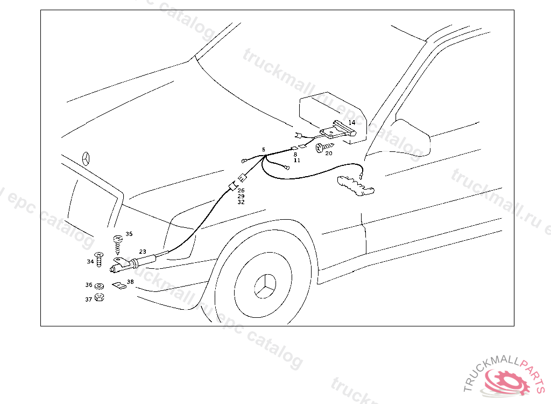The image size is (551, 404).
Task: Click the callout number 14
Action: tap(351, 123)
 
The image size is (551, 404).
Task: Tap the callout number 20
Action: tap(328, 153)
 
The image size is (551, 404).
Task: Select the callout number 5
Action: tap(264, 149)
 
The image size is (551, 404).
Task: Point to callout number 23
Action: tap(142, 251)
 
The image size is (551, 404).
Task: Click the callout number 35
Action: tap(129, 234)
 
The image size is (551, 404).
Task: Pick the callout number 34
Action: tap(90, 262)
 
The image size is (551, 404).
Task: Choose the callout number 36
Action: tap(89, 285)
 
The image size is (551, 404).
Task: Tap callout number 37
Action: tap(88, 299)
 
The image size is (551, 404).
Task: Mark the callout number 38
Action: tap(130, 282)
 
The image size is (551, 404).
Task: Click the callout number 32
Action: tap(241, 202)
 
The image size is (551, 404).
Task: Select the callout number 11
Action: tap(296, 161)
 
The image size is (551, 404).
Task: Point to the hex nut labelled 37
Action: tap(99, 297)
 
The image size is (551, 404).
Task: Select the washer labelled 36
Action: tap(100, 285)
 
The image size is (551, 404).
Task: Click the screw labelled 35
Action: tap(118, 243)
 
